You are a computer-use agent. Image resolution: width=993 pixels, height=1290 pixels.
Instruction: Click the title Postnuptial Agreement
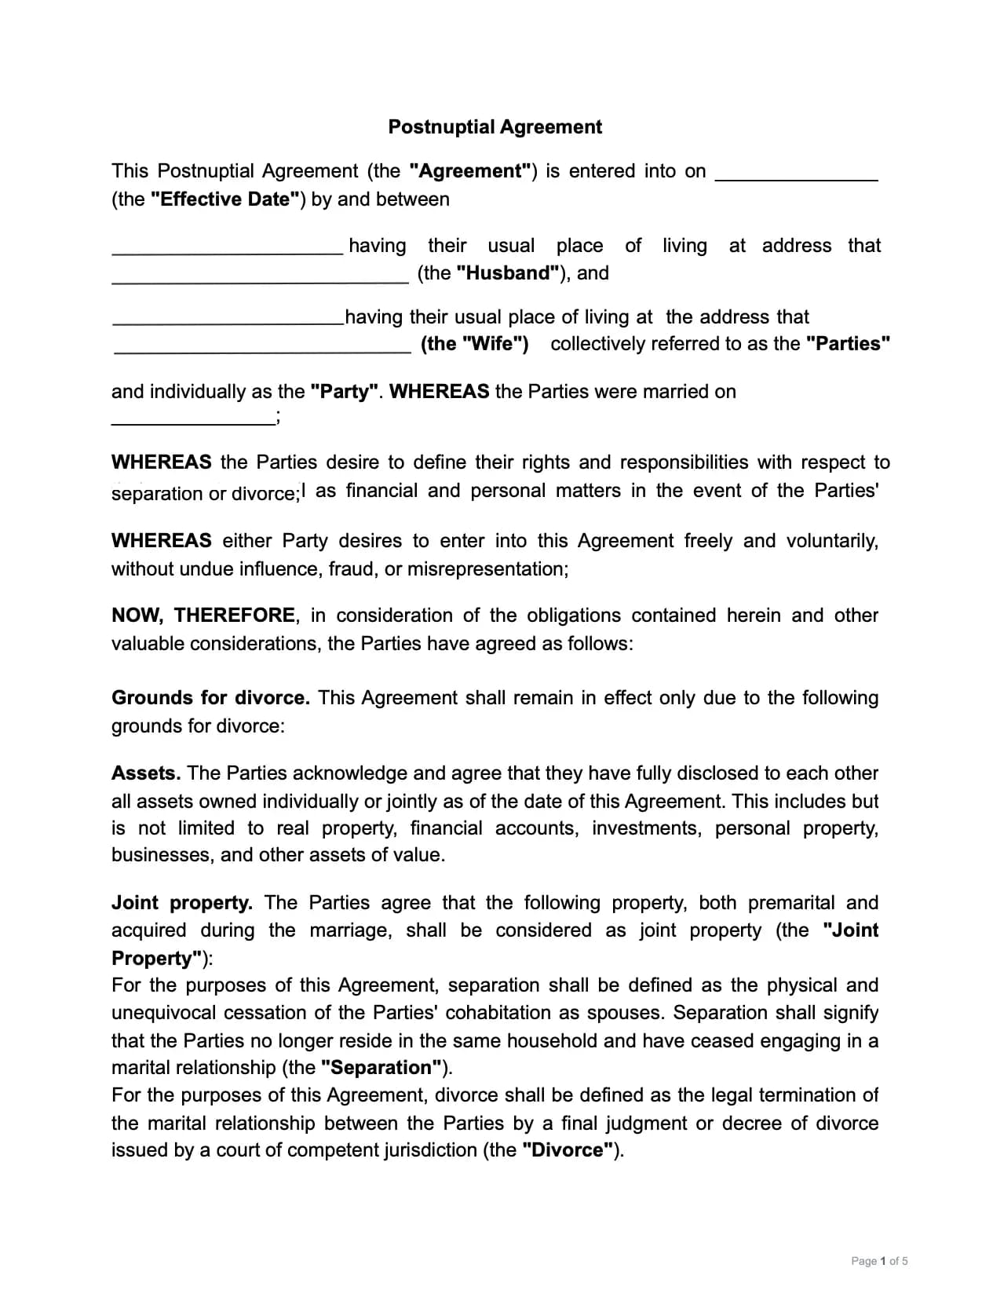[x=495, y=127]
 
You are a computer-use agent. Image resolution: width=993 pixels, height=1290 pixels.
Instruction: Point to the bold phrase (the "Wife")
[x=475, y=344]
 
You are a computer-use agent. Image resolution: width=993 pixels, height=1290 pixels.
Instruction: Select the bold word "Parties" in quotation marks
[x=848, y=344]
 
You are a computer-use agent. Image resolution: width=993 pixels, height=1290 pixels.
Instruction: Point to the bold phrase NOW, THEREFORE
[x=203, y=616]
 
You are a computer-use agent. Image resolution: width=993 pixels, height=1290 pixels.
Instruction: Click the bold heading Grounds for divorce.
[x=210, y=698]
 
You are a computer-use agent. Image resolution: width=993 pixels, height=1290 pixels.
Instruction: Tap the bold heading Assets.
[x=146, y=773]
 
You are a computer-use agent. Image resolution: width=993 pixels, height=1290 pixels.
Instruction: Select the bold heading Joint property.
[x=182, y=903]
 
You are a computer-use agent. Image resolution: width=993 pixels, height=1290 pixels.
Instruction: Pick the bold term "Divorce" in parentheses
[x=568, y=1150]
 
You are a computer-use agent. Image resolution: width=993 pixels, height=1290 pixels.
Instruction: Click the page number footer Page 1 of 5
[x=879, y=1261]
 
